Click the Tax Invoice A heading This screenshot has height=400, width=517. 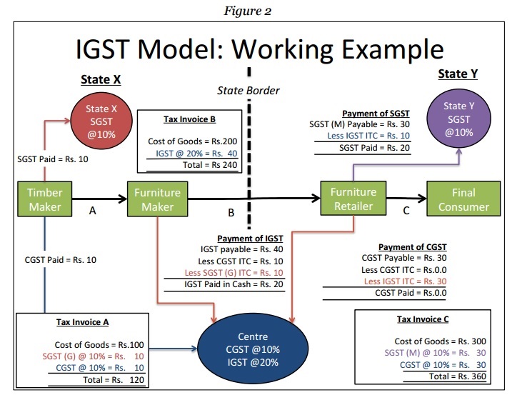tap(83, 322)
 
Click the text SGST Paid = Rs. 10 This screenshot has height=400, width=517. tap(53, 159)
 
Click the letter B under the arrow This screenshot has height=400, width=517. tap(231, 212)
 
